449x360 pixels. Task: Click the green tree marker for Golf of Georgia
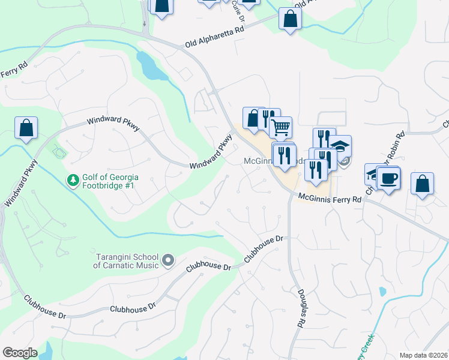click(x=73, y=180)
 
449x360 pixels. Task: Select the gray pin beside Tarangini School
click(x=168, y=260)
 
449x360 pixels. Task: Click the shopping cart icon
click(x=280, y=127)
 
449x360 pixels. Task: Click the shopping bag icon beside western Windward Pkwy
click(x=26, y=128)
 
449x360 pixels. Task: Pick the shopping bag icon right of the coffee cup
click(x=422, y=184)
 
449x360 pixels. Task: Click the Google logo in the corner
click(x=20, y=353)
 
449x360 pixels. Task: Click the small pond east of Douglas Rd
click(x=382, y=292)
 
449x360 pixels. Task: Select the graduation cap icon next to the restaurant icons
click(x=340, y=146)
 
